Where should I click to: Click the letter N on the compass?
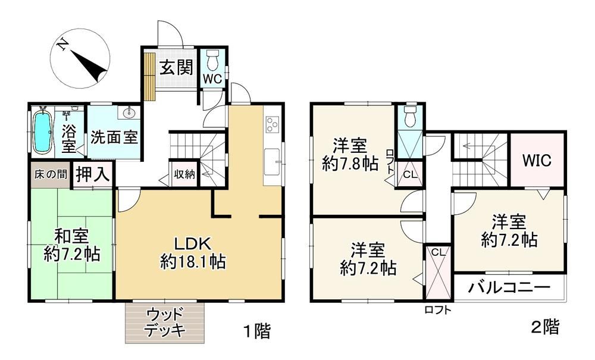point(63,46)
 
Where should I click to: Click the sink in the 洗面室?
point(129,112)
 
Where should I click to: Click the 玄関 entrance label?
point(177,68)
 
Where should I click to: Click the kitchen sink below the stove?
point(273,162)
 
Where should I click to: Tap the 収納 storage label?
point(184,174)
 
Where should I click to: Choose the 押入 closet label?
point(93,174)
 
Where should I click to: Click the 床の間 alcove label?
point(51,174)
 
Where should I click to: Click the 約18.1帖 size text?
point(193,262)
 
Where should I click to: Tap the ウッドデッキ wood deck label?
point(165,323)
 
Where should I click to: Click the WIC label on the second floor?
point(537,161)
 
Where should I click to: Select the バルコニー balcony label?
point(509,287)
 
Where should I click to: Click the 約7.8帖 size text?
point(350,164)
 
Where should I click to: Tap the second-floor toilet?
point(409,116)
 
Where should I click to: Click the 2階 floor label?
point(545,327)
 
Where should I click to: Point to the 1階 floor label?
point(257,331)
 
